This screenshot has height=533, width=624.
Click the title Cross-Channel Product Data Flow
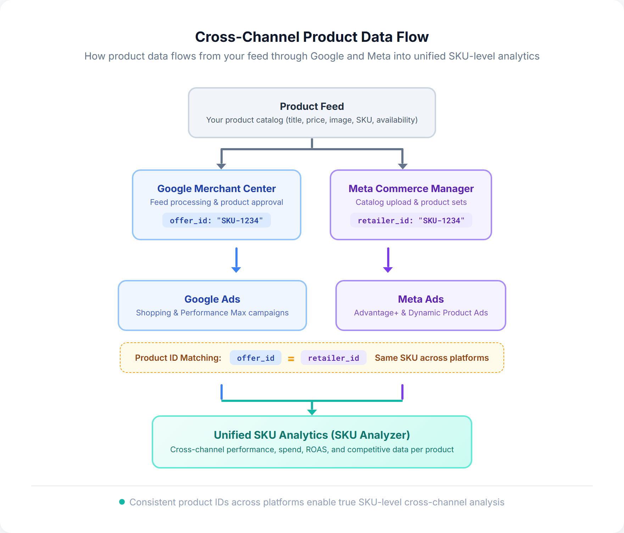coord(312,37)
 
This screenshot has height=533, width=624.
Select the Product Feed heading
coord(312,106)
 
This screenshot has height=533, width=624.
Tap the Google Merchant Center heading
coord(216,189)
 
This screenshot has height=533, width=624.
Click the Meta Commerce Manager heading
coord(411,189)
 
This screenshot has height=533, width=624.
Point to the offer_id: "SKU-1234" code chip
coord(216,220)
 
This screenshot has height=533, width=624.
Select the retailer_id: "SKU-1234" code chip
coord(411,220)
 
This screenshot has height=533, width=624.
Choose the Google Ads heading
coord(212,299)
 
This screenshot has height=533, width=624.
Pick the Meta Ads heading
coord(420,299)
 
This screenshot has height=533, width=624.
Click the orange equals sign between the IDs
coord(291,359)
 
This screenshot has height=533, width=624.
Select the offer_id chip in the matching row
coord(255,358)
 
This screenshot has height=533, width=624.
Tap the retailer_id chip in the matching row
coord(333,358)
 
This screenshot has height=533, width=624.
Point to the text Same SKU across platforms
coord(431,358)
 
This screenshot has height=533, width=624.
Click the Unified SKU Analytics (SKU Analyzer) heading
coord(312,435)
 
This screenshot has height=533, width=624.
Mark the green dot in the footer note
coord(122,502)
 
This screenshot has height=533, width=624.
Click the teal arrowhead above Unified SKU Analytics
coord(312,412)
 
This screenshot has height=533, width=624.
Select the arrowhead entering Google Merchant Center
coord(221,166)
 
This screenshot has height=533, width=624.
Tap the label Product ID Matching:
coord(178,358)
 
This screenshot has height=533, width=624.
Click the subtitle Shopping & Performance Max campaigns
coord(212,313)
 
